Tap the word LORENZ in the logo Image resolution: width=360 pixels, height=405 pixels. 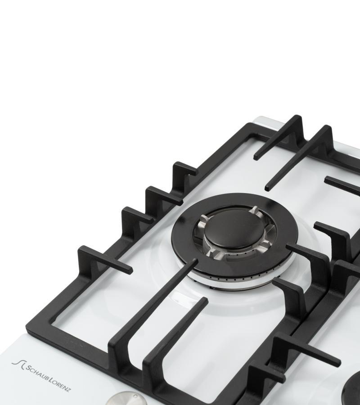(x=60, y=384)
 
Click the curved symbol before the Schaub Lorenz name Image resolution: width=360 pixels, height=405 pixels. (x=18, y=364)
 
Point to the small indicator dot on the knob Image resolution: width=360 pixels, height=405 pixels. (x=135, y=396)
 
